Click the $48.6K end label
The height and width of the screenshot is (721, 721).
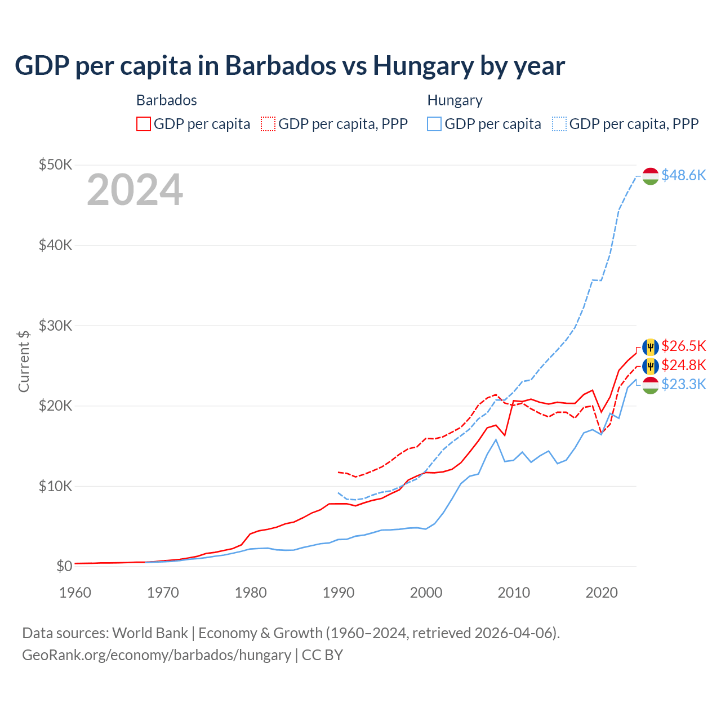click(x=683, y=176)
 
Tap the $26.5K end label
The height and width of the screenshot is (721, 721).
click(x=683, y=346)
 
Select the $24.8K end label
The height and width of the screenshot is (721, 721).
click(x=683, y=365)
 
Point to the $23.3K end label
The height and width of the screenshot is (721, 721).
click(x=683, y=384)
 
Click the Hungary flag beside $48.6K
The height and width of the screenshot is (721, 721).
click(x=651, y=176)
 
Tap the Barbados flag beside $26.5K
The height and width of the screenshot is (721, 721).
click(x=651, y=346)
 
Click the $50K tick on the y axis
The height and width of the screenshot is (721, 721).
click(x=55, y=165)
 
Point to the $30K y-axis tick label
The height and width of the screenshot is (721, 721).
click(x=55, y=326)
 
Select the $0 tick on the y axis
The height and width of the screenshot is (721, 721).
click(x=64, y=566)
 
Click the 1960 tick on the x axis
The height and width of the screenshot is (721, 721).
click(x=75, y=593)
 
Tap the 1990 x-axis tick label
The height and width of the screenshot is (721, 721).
click(x=338, y=593)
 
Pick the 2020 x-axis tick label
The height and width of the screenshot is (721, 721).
click(x=602, y=593)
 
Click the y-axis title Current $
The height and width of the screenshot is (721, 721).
click(x=24, y=361)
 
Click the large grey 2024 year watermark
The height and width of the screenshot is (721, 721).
click(x=135, y=190)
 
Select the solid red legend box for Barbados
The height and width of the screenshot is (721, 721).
click(x=144, y=124)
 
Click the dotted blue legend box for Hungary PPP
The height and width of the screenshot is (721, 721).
click(x=559, y=124)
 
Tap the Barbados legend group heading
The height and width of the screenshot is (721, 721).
click(x=167, y=100)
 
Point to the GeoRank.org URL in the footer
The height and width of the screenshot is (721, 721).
click(x=157, y=655)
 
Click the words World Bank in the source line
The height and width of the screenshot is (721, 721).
click(x=150, y=633)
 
